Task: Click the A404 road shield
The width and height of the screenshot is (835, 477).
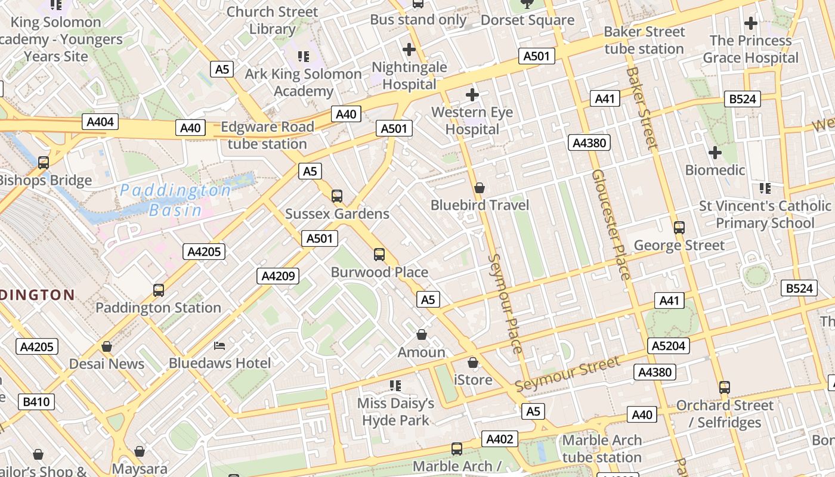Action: click(x=100, y=122)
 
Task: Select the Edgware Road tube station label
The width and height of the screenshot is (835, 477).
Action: click(x=267, y=135)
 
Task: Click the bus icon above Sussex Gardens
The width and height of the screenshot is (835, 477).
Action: click(x=337, y=196)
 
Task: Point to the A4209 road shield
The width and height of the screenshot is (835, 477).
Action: click(x=277, y=276)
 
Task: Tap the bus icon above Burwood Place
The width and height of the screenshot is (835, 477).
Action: click(x=379, y=255)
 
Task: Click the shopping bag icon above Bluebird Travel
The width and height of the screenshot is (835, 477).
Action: click(x=479, y=188)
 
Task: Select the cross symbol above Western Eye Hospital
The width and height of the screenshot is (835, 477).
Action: click(x=472, y=94)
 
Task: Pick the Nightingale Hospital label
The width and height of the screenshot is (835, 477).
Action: click(x=409, y=76)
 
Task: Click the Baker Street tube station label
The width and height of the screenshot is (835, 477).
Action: click(x=644, y=40)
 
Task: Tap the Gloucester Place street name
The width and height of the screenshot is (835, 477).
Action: click(x=611, y=224)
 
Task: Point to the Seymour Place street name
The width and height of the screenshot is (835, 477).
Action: click(x=506, y=303)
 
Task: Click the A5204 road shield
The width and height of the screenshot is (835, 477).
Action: click(x=669, y=346)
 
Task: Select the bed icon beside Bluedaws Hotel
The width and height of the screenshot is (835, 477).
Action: click(x=219, y=346)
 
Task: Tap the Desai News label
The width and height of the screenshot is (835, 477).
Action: click(x=107, y=364)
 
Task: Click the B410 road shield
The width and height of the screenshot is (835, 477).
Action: click(x=36, y=402)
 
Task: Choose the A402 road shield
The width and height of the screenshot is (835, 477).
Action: click(x=500, y=439)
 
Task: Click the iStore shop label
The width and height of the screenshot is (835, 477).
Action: click(x=473, y=380)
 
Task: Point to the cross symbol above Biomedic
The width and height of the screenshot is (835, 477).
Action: click(x=715, y=153)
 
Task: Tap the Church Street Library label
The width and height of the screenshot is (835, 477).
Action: click(x=273, y=20)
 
